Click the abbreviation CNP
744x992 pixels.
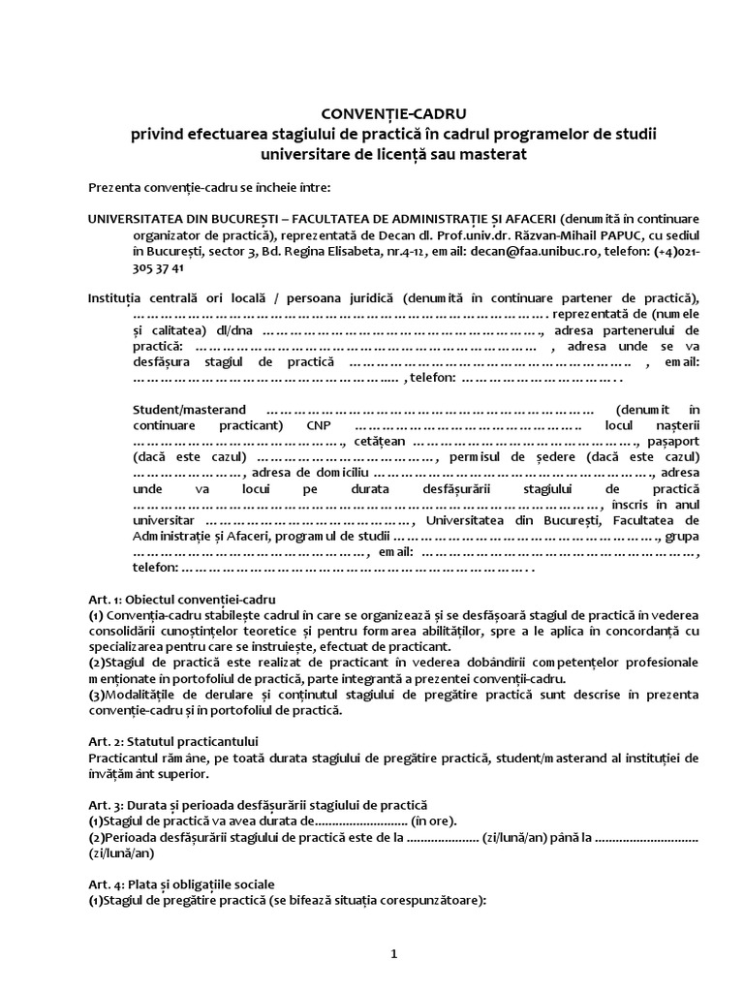pos(320,426)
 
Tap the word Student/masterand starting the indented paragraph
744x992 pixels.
pos(189,410)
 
